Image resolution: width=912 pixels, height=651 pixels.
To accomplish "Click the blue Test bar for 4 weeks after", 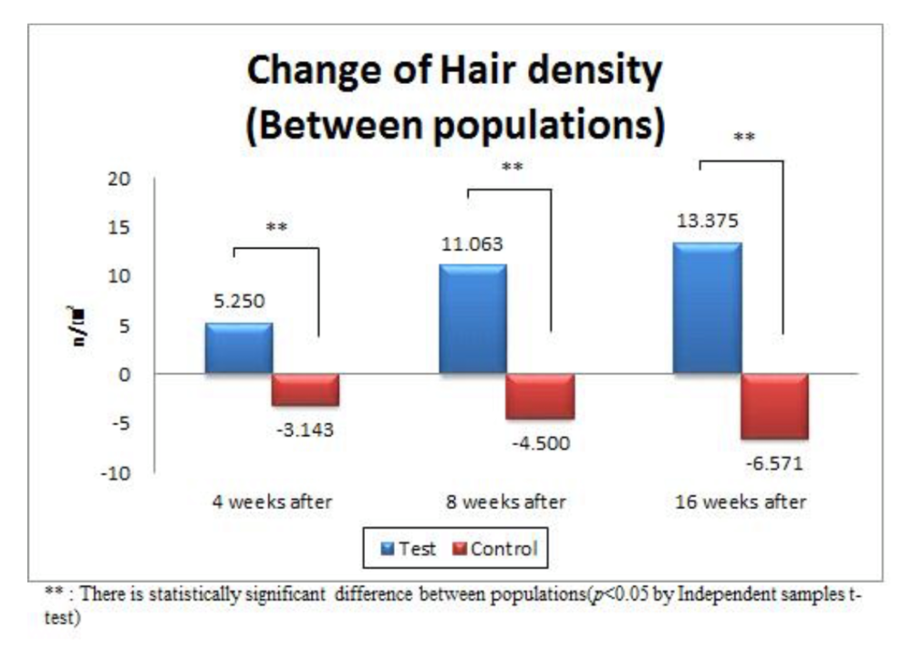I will [239, 348].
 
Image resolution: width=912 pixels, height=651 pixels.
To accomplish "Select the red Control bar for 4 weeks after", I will [306, 389].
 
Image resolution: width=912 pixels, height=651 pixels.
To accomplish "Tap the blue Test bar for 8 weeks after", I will [472, 319].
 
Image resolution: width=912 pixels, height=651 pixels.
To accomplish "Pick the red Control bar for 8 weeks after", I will [540, 396].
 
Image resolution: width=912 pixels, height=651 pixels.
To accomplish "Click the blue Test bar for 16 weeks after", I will [707, 308].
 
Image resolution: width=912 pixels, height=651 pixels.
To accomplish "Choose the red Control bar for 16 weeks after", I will [774, 407].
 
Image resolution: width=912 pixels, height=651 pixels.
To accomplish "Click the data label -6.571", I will [775, 463].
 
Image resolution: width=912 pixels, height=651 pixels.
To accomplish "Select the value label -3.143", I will [305, 429].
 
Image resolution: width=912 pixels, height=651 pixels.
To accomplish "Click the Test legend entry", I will [409, 549].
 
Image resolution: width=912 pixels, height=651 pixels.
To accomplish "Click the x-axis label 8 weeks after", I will [506, 502].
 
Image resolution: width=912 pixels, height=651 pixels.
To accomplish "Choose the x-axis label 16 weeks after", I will [741, 502].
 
